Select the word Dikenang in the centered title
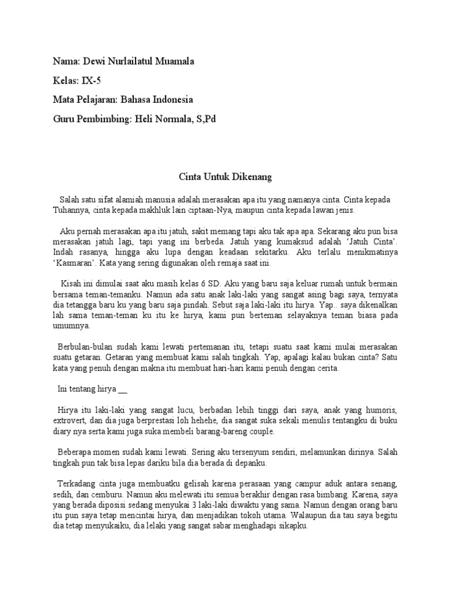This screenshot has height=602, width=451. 254,176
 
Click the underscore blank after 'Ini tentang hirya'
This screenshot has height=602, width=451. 123,389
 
